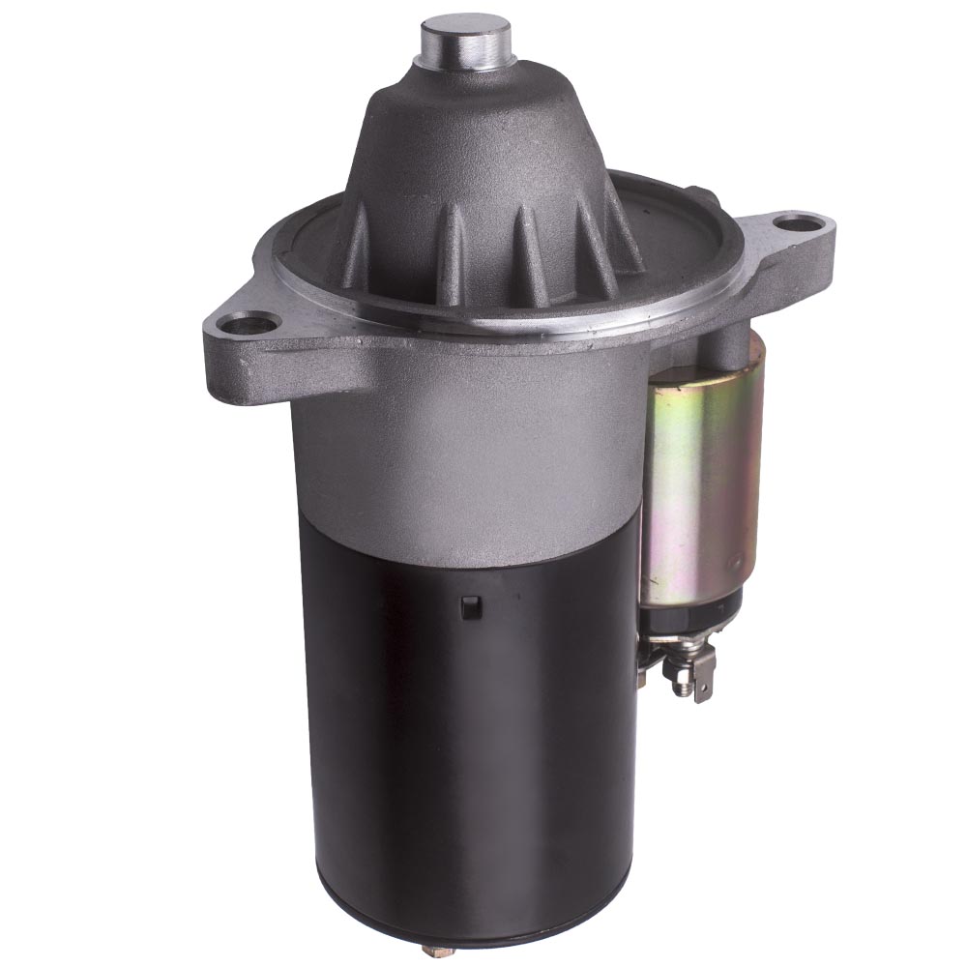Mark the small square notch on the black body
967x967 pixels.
[471, 607]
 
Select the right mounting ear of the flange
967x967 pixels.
[788, 242]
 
